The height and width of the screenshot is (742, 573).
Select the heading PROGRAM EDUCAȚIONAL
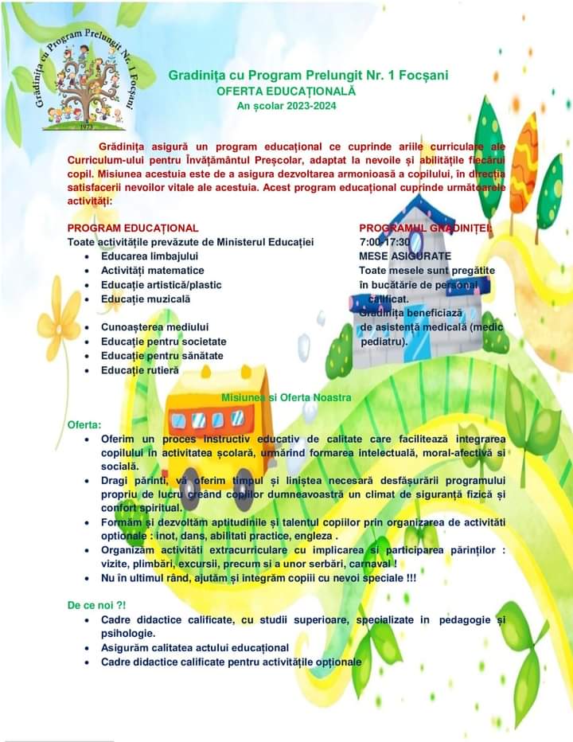[x=133, y=228]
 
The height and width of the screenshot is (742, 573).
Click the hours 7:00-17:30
[x=385, y=242]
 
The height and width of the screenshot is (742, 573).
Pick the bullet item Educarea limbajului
[x=150, y=256]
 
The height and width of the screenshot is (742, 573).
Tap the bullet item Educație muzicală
[x=146, y=299]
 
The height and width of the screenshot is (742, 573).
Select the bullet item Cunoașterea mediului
[x=154, y=327]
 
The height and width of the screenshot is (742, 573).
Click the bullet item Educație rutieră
[x=140, y=370]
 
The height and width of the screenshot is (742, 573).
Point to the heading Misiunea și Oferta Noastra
[x=286, y=397]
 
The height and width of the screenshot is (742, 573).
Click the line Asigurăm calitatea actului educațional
[x=194, y=647]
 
